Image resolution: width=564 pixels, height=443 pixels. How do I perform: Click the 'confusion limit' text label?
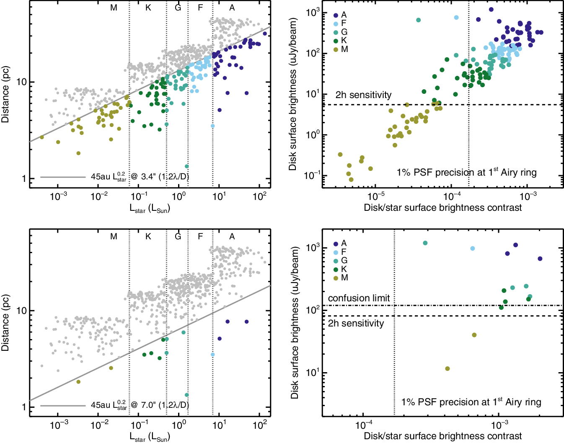pos(359,298)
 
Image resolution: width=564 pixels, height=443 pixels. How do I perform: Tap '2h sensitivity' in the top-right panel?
pos(363,95)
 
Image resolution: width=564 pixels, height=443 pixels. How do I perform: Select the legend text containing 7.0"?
pos(140,405)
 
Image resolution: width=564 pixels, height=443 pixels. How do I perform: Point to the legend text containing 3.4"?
pos(140,177)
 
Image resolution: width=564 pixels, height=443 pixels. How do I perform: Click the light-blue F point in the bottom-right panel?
pos(473,249)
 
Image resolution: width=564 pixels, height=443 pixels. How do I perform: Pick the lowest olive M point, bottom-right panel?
pos(448,369)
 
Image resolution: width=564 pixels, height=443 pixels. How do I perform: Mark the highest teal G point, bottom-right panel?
pos(425,243)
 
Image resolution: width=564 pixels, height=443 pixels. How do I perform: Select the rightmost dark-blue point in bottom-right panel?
pos(540,259)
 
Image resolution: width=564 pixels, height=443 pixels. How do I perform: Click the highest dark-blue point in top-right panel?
pos(491,10)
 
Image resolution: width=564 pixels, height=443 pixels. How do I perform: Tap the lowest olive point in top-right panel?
pos(351,179)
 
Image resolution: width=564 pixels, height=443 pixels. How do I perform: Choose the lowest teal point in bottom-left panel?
pos(187,395)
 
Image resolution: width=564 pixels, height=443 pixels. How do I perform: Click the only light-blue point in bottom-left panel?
pos(213,355)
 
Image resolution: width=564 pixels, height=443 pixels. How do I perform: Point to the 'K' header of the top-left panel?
pos(148,8)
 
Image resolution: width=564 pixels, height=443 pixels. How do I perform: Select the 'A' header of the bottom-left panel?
pos(232,236)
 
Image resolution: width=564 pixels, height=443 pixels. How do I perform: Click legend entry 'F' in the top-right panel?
pos(344,23)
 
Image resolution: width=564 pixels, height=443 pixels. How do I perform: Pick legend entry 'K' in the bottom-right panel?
pos(344,269)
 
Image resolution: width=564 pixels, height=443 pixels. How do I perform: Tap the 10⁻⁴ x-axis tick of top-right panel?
pos(452,196)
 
